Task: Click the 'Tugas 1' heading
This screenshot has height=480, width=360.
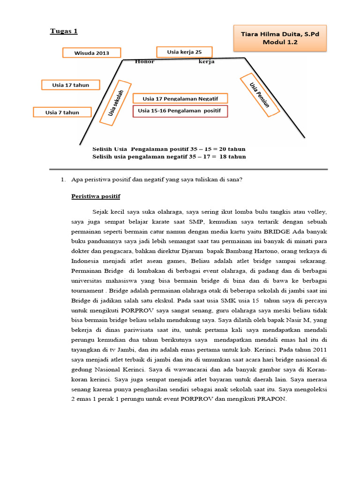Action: [x=64, y=31]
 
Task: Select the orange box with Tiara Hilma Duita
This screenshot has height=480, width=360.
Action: [x=279, y=38]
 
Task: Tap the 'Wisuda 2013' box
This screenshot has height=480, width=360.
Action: [x=92, y=53]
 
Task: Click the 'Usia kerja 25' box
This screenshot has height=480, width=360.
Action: [x=184, y=52]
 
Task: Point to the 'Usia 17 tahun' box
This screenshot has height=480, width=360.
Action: [x=71, y=85]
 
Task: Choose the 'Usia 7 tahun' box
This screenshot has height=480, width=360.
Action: [x=62, y=112]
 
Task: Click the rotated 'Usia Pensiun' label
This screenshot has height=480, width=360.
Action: [x=260, y=95]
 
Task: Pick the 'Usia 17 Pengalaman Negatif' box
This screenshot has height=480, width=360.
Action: [x=180, y=98]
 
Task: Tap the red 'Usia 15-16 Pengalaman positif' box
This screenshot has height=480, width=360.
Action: [x=180, y=111]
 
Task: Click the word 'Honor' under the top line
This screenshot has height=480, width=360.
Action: [x=144, y=62]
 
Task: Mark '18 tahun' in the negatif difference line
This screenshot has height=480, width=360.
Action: [x=232, y=157]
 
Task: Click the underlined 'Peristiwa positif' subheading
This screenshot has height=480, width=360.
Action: [x=96, y=196]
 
